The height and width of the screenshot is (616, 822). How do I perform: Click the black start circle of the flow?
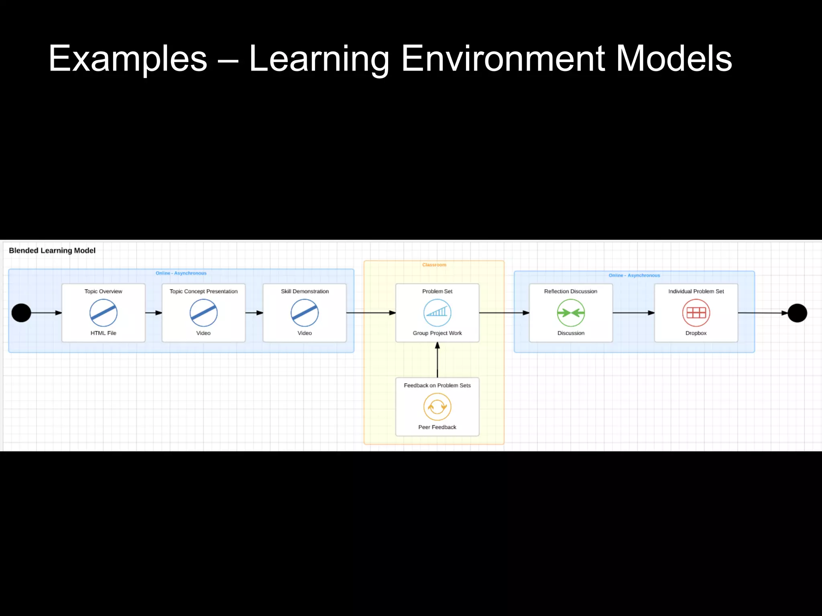[21, 313]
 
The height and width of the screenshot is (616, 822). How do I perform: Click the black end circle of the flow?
[797, 313]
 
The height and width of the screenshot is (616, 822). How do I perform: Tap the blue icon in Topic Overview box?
[104, 313]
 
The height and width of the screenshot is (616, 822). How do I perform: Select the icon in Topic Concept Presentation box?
[203, 313]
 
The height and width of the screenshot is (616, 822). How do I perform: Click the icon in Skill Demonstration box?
[305, 313]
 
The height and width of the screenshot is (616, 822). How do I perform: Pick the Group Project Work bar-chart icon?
[437, 313]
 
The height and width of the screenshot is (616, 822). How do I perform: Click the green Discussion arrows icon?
[571, 313]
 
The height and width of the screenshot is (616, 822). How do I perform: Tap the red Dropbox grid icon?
[696, 313]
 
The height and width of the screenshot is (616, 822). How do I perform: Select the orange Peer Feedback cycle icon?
[437, 407]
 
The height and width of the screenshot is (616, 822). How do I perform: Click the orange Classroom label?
[434, 265]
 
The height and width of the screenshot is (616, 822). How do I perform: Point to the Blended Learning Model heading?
[52, 251]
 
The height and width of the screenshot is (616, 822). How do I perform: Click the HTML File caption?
[103, 333]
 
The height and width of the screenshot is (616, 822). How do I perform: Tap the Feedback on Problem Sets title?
[437, 385]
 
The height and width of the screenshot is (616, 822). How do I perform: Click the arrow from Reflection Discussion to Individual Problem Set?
[633, 313]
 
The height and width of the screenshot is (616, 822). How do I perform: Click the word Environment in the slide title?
[503, 59]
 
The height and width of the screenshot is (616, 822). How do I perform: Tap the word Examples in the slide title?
[128, 59]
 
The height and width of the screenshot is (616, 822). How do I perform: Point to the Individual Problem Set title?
[696, 292]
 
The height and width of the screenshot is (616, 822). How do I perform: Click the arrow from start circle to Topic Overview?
[46, 313]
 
